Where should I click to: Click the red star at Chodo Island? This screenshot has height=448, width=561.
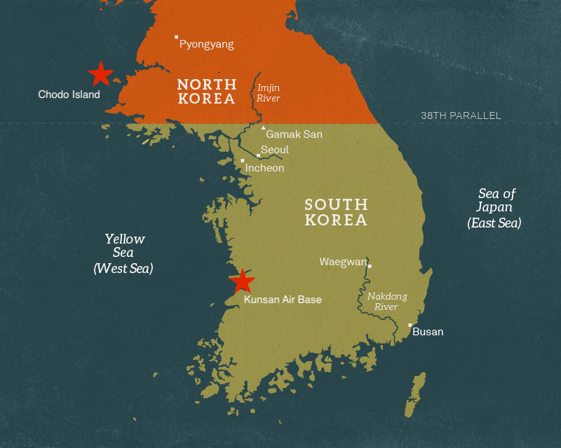tap(101, 73)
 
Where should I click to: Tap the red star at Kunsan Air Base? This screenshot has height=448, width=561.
tap(242, 281)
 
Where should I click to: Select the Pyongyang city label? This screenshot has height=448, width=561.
tap(206, 44)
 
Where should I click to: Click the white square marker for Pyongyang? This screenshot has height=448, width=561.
tap(176, 36)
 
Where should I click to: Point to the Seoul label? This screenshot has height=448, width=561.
tap(274, 150)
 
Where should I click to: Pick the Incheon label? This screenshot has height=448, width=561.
tap(264, 168)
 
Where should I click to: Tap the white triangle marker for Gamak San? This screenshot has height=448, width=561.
tap(263, 128)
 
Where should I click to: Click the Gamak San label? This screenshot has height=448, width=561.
tap(295, 134)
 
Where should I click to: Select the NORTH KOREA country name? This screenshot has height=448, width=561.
tap(206, 92)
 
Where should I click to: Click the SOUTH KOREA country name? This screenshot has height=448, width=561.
tap(336, 212)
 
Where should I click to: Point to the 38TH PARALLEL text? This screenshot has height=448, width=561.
tap(461, 115)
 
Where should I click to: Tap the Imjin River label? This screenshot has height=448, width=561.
tap(269, 93)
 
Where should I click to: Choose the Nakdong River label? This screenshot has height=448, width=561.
tap(386, 302)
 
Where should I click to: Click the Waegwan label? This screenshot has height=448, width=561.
tap(343, 262)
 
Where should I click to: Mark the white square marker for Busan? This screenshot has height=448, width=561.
tap(410, 325)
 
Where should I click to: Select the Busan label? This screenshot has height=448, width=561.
tap(428, 332)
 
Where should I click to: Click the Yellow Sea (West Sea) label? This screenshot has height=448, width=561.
tap(124, 253)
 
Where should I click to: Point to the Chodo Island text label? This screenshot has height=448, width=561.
tap(69, 94)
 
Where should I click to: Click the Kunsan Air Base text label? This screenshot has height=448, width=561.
tap(282, 300)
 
